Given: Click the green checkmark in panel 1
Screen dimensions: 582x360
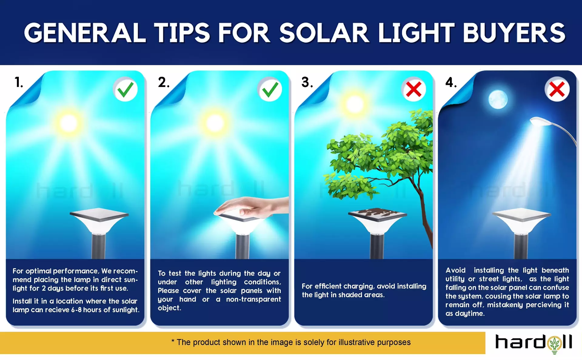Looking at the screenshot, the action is (x=125, y=89).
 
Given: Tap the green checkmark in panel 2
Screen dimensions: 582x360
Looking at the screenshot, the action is (x=270, y=89).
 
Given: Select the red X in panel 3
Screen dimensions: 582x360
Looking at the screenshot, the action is (x=414, y=89).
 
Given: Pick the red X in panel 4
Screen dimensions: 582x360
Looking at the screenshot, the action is (x=557, y=89).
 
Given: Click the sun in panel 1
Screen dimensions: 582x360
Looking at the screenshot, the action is (x=69, y=123).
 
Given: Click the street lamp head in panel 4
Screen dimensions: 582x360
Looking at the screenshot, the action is (x=541, y=122).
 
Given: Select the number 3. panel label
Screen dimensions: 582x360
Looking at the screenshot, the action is (x=307, y=82).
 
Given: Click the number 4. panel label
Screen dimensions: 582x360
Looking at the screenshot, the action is (x=451, y=82).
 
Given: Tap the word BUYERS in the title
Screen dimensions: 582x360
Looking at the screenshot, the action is (x=514, y=33).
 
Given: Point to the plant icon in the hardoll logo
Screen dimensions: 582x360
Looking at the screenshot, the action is (x=555, y=344).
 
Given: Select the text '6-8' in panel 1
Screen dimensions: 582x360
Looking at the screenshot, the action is (x=76, y=310).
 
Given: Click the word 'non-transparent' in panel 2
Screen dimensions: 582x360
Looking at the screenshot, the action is (x=253, y=299).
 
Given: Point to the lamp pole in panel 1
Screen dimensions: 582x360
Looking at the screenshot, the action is (x=99, y=246).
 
